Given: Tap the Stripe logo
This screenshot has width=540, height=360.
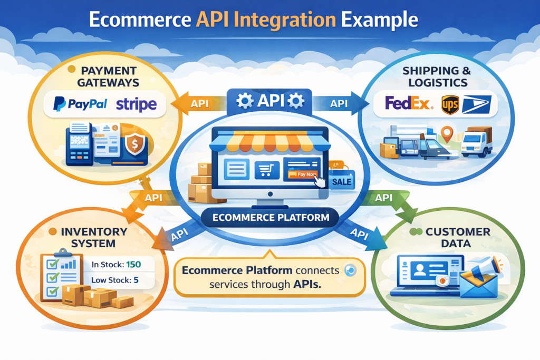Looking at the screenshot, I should (x=136, y=104).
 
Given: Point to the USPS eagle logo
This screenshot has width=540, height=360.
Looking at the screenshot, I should (x=476, y=104).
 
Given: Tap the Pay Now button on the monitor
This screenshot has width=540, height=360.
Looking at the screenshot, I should (x=301, y=174).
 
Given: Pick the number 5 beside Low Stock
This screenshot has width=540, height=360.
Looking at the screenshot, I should (x=136, y=280).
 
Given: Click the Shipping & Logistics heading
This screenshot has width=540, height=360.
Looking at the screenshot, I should (x=434, y=76).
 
